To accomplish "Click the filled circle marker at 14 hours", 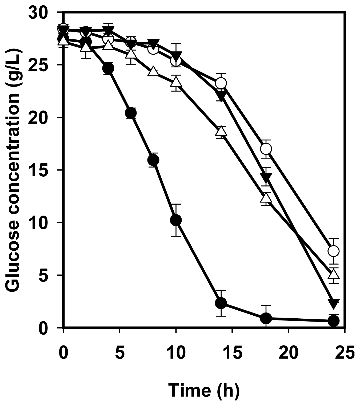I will pyautogui.click(x=221, y=303).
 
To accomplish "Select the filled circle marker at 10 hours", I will pyautogui.click(x=176, y=220).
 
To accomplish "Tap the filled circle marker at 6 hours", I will pyautogui.click(x=131, y=113).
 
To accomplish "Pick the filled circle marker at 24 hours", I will pyautogui.click(x=333, y=321).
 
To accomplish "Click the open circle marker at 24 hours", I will pyautogui.click(x=333, y=251).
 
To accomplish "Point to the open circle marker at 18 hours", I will pyautogui.click(x=266, y=149).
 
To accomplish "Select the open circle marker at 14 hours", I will pyautogui.click(x=221, y=83).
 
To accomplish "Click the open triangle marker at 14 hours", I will pyautogui.click(x=221, y=131).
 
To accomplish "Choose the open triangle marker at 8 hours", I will pyautogui.click(x=153, y=71).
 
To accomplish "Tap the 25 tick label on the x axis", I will pyautogui.click(x=345, y=353).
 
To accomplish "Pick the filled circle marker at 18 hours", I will pyautogui.click(x=266, y=318).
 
